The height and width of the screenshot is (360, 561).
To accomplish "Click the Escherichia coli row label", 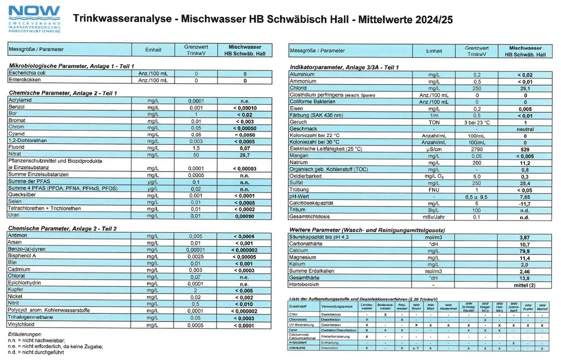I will [28, 73].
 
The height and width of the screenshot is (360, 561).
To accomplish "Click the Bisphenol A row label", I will [24, 256].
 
